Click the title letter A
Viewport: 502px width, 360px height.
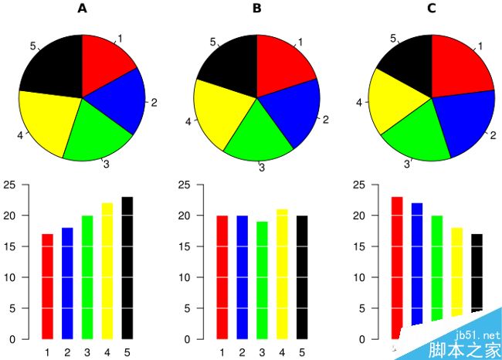point(83,9)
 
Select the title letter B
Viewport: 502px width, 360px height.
point(257,9)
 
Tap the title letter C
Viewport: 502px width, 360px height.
point(432,9)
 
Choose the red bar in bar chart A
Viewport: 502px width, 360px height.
point(47,286)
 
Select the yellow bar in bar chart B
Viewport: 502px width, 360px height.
point(283,273)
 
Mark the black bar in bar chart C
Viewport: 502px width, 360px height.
point(477,278)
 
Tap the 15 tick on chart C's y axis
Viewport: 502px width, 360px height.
point(359,247)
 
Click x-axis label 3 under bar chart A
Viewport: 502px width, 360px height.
point(87,353)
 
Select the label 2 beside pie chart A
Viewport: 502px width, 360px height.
point(154,102)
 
